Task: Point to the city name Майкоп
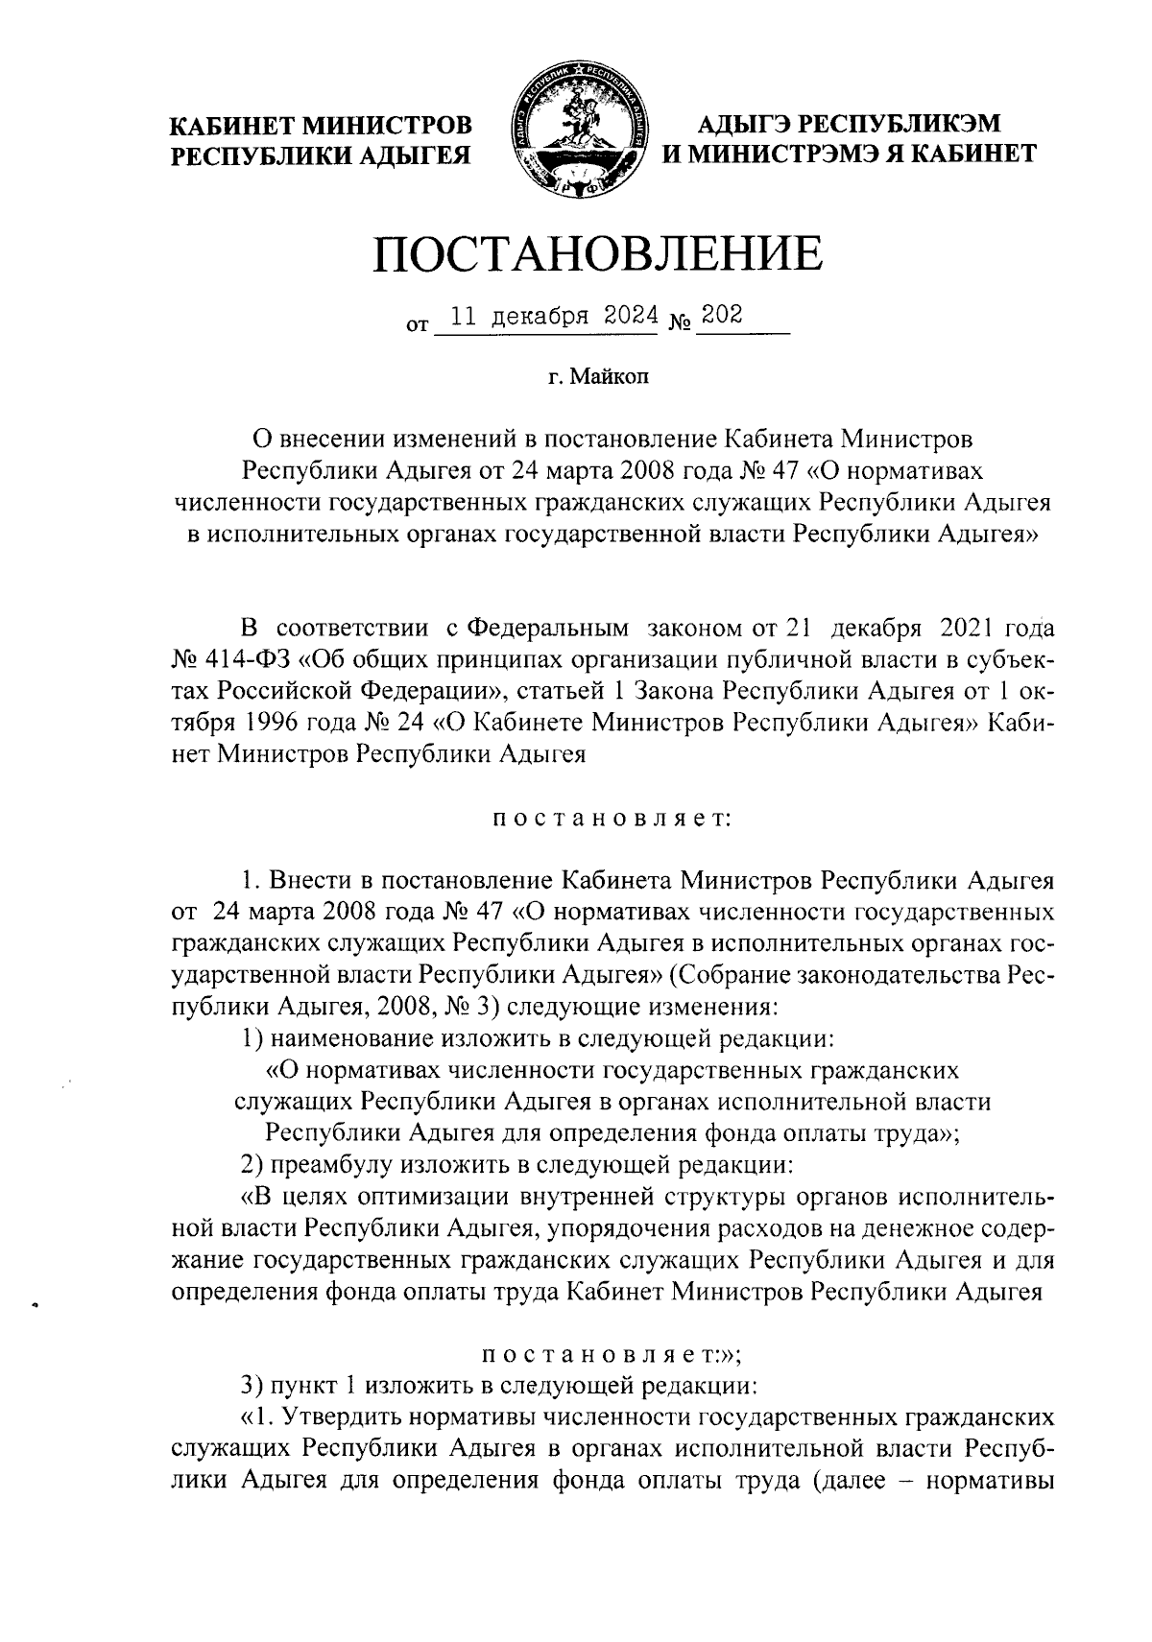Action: [611, 379]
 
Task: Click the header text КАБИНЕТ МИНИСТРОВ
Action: [322, 125]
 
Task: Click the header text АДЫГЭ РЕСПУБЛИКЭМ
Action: [849, 124]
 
